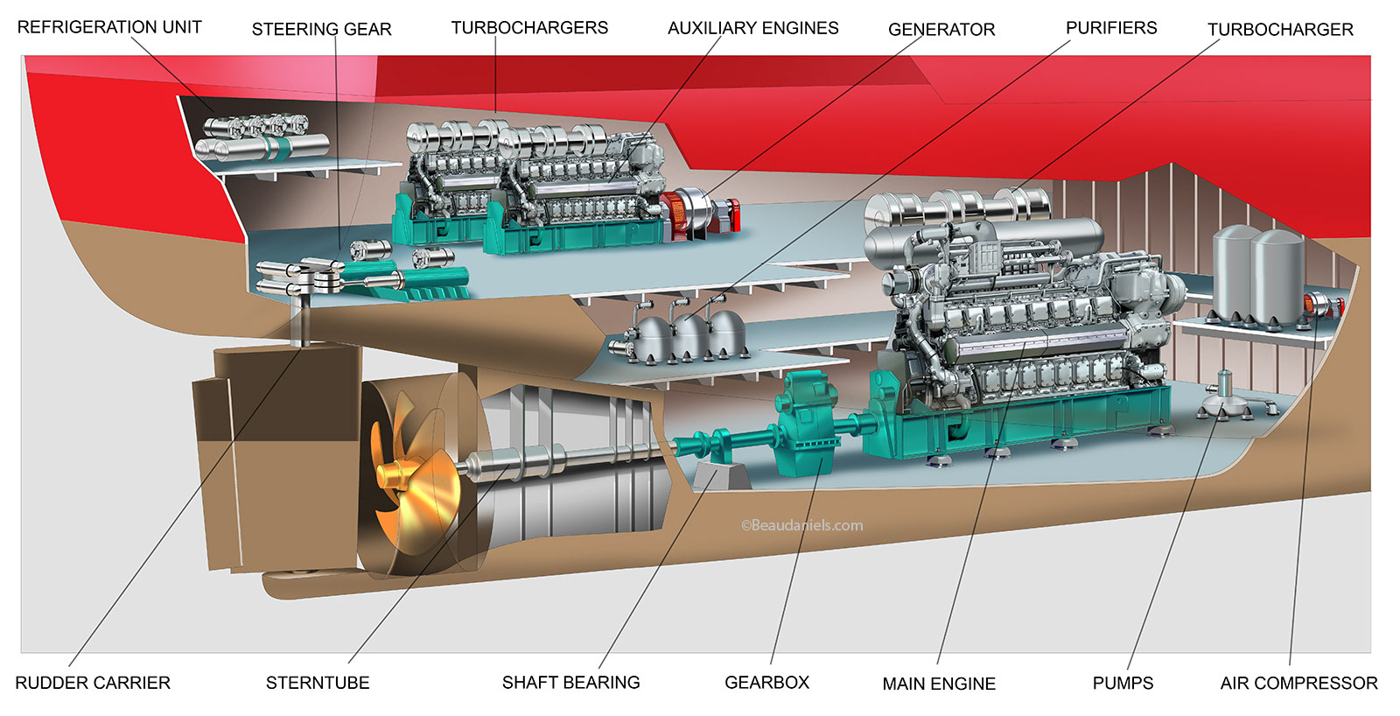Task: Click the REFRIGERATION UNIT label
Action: pyautogui.click(x=109, y=27)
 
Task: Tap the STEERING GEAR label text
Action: pyautogui.click(x=321, y=29)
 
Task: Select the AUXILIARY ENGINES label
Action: pyautogui.click(x=752, y=28)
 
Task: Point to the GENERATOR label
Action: pyautogui.click(x=941, y=29)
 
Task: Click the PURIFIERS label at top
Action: pyautogui.click(x=1111, y=28)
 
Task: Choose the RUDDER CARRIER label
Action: pyautogui.click(x=93, y=683)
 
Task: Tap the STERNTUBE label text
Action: pyautogui.click(x=318, y=683)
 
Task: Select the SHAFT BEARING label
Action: pyautogui.click(x=570, y=682)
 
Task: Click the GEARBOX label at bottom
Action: pyautogui.click(x=766, y=682)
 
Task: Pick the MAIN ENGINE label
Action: pyautogui.click(x=939, y=684)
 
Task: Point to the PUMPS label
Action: pyautogui.click(x=1123, y=683)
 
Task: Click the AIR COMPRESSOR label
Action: pyautogui.click(x=1298, y=683)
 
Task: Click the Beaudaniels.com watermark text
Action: pyautogui.click(x=801, y=525)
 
